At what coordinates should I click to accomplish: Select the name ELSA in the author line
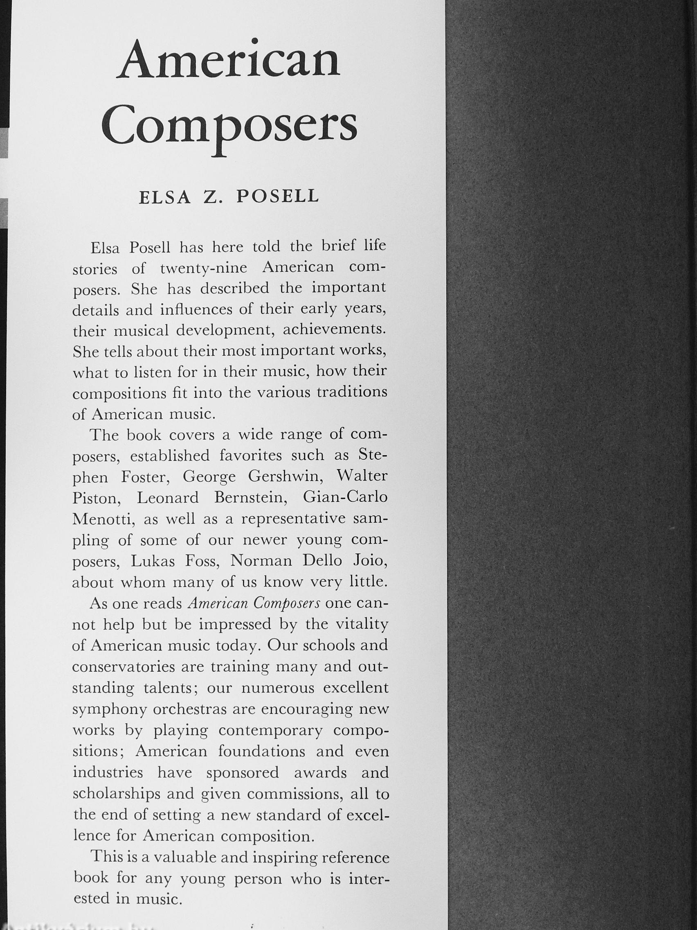coord(165,198)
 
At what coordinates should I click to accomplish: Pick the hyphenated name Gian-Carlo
coord(345,497)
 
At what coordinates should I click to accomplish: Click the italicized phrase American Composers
coord(254,603)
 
